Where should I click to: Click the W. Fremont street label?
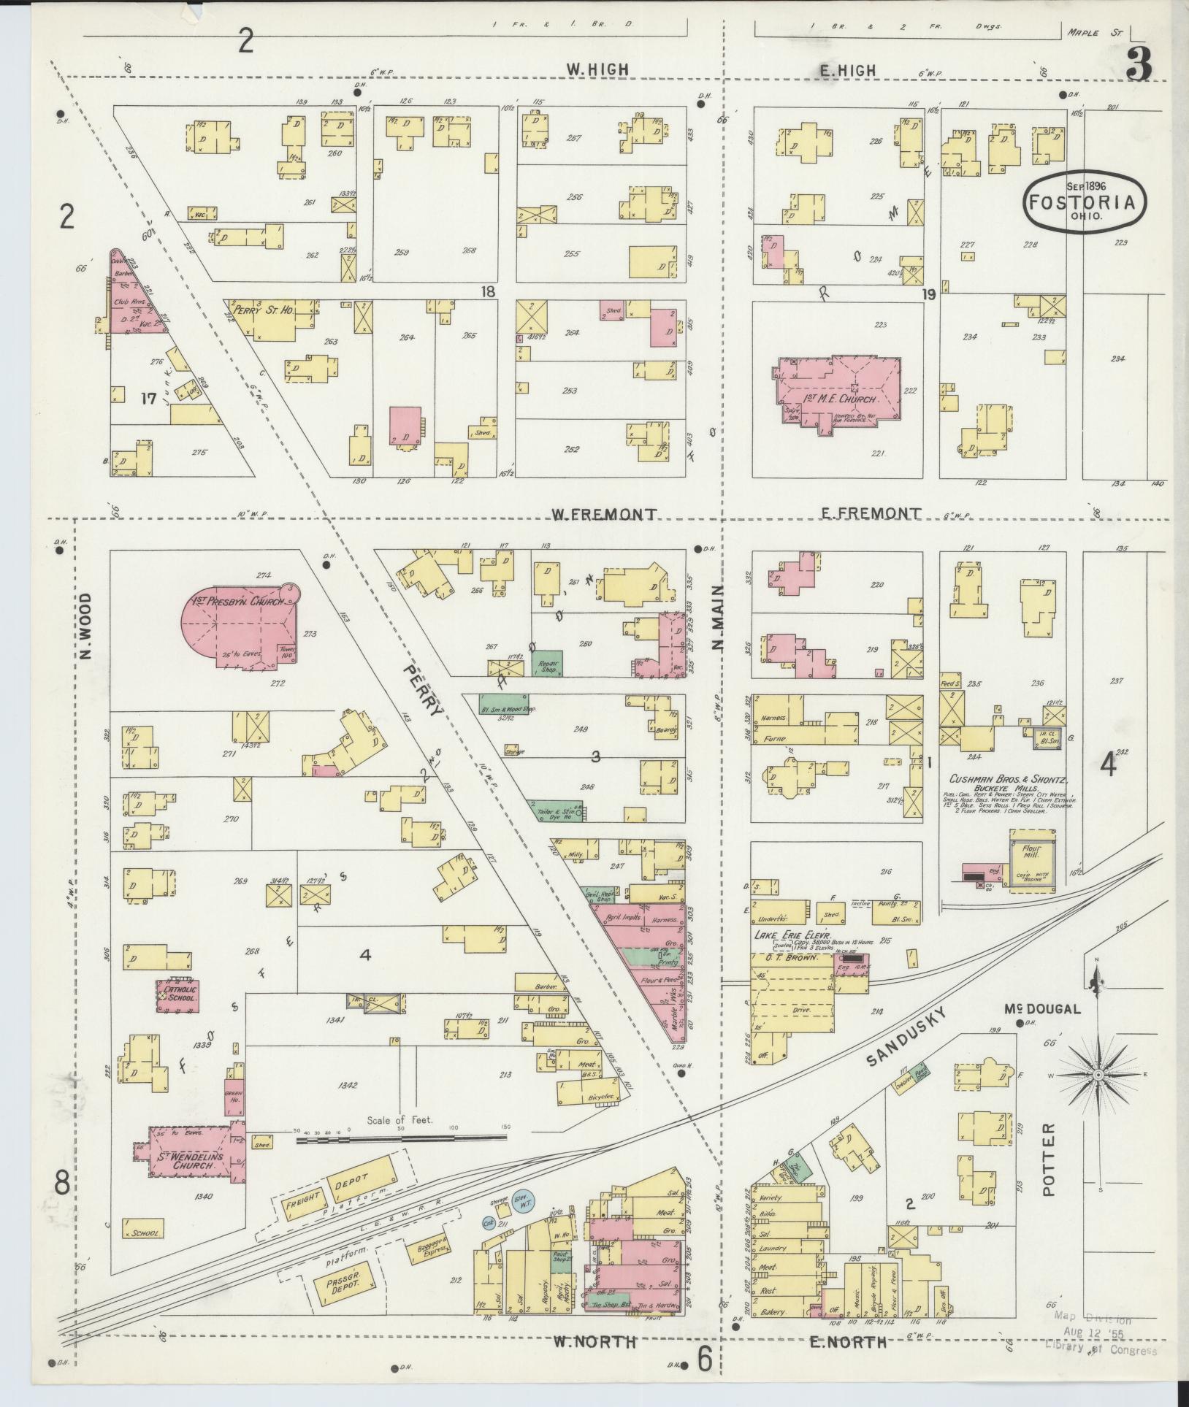[x=604, y=514]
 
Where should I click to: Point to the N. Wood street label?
[x=86, y=626]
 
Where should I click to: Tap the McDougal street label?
[x=1041, y=1009]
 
